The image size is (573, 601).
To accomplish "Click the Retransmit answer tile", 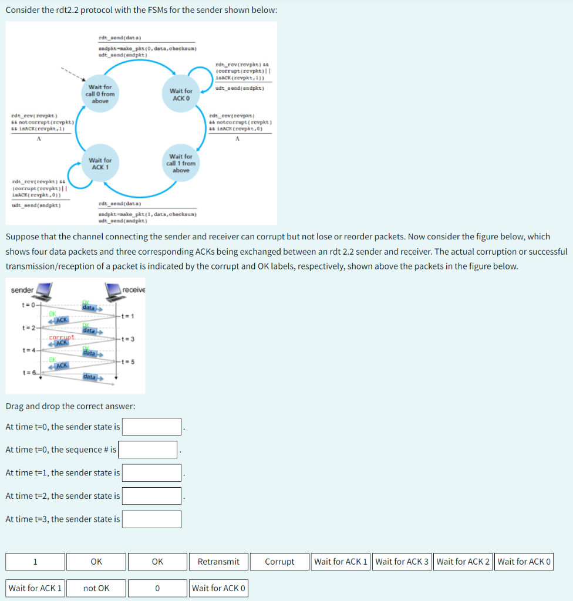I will point(218,562).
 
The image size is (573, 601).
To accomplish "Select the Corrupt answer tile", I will point(279,562).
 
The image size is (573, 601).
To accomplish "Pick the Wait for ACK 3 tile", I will point(402,562).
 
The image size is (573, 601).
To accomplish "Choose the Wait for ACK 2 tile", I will point(463,562).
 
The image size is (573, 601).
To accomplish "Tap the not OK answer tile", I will point(96,588).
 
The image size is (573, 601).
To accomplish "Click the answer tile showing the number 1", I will point(35,562).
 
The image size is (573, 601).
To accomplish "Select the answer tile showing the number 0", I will point(157,588).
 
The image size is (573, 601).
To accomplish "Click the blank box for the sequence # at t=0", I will point(148,450).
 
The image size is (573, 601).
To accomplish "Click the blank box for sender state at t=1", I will point(151,472).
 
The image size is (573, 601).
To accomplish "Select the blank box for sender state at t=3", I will point(151,519).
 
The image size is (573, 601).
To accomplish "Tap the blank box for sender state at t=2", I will point(151,496).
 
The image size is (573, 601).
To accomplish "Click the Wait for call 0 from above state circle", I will point(100,94).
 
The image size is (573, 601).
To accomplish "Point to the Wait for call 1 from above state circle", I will point(181,163).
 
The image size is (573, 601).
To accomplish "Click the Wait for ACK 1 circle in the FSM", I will point(100,164).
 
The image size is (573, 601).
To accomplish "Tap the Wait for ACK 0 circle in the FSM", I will point(181,94).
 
